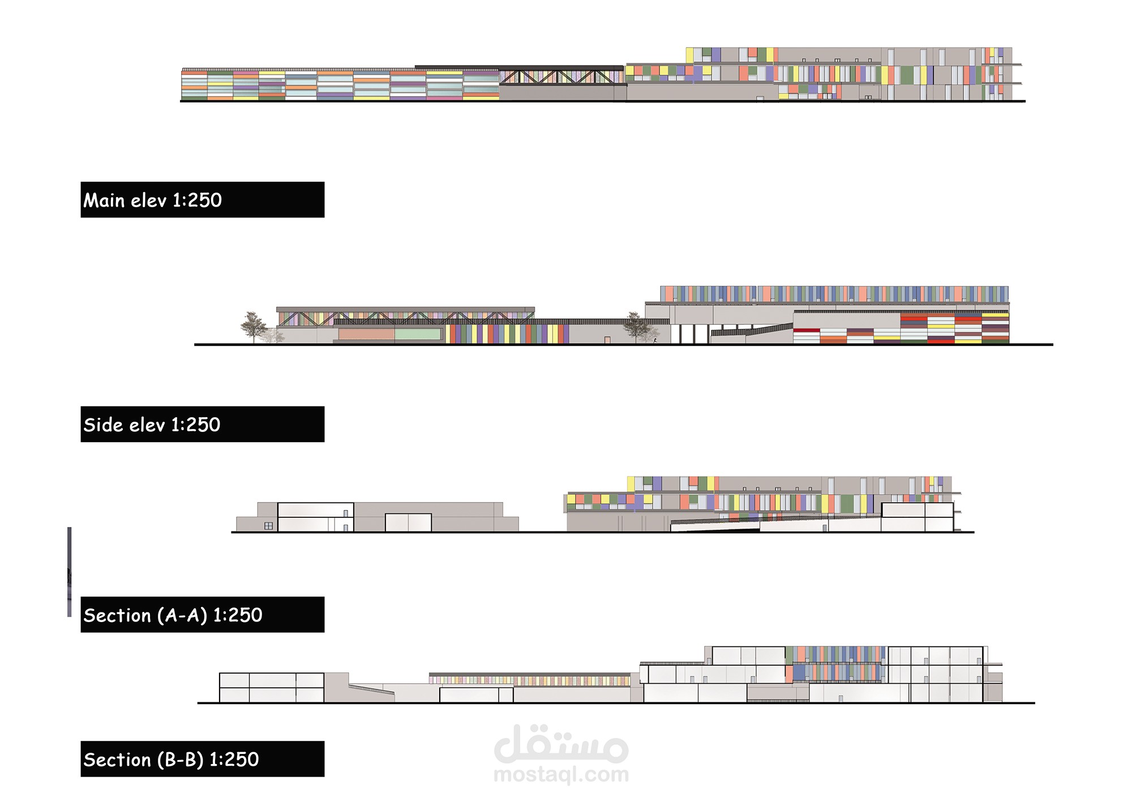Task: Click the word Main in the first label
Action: pyautogui.click(x=104, y=200)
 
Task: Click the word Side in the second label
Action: pyautogui.click(x=102, y=425)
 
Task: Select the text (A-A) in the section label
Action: pyautogui.click(x=182, y=615)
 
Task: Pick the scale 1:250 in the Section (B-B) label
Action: pyautogui.click(x=234, y=760)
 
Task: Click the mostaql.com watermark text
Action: pyautogui.click(x=561, y=774)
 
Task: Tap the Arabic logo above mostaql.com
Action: pyautogui.click(x=561, y=744)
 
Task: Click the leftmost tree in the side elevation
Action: pyautogui.click(x=253, y=326)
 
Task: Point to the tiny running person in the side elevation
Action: pyautogui.click(x=655, y=340)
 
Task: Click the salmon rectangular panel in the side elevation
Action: pyautogui.click(x=366, y=334)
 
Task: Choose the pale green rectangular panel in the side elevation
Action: pyautogui.click(x=418, y=334)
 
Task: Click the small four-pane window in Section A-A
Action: pyautogui.click(x=268, y=526)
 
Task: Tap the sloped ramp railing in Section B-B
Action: pyautogui.click(x=371, y=689)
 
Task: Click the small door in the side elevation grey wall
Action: pyautogui.click(x=607, y=340)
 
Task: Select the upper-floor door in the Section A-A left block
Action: pyautogui.click(x=345, y=513)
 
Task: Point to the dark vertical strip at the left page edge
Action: pyautogui.click(x=70, y=572)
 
